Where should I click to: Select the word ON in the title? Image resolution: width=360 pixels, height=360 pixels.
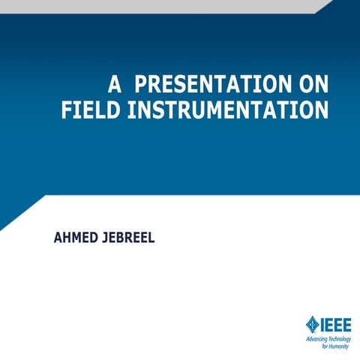(313, 83)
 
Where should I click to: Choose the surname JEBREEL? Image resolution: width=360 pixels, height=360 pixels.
(133, 238)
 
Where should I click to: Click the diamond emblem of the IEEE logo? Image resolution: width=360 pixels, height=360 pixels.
(311, 324)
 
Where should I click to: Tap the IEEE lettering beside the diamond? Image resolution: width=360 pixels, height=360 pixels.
(334, 324)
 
